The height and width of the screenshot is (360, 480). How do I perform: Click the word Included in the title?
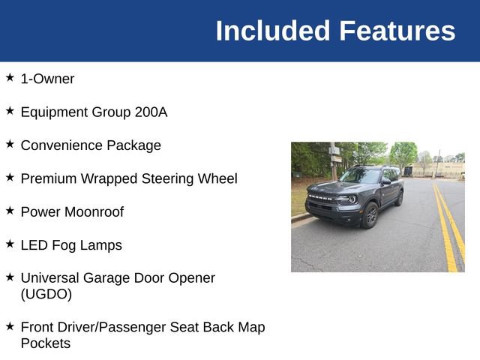click(272, 31)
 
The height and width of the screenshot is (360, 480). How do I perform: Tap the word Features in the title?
click(397, 31)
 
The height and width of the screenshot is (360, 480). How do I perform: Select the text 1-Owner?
click(47, 79)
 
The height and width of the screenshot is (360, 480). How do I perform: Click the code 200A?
click(151, 112)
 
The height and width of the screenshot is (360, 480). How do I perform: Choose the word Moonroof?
click(94, 211)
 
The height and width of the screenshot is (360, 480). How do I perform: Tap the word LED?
click(34, 245)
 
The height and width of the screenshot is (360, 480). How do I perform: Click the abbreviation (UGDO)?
click(46, 294)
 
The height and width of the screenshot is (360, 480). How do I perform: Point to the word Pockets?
click(45, 343)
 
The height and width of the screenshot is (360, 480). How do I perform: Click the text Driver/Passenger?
click(124, 328)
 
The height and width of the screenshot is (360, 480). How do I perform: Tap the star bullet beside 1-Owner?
click(10, 77)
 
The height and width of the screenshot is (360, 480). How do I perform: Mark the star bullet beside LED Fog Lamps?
click(10, 244)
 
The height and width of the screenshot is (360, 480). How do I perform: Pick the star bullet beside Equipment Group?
click(10, 111)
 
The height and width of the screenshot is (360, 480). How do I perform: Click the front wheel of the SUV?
click(370, 216)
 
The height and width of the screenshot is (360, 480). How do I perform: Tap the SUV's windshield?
click(361, 176)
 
